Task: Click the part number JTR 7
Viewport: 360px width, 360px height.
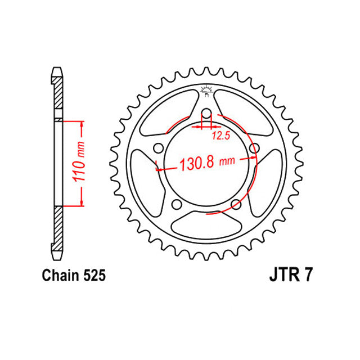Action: click(x=287, y=276)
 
